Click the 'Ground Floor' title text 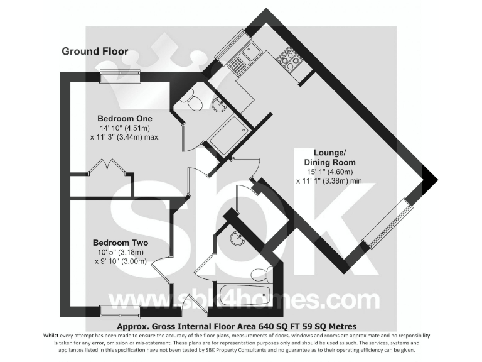tap(95, 52)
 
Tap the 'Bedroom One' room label tap(124, 118)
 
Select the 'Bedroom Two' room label tap(120, 243)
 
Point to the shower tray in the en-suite tap(226, 134)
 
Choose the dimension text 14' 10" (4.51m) tap(125, 129)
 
